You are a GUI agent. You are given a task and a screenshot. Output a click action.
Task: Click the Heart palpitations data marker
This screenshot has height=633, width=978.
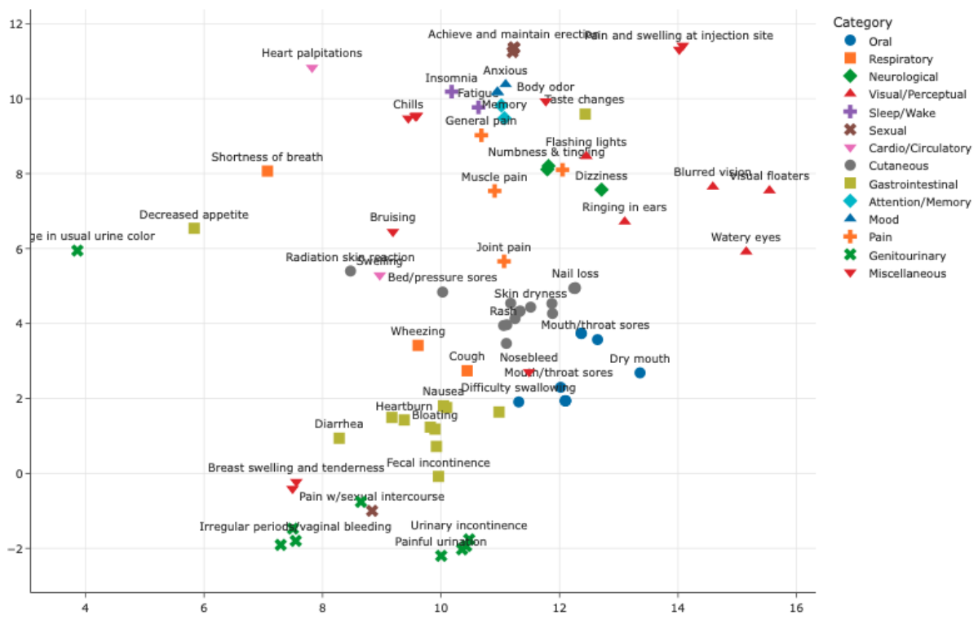pyautogui.click(x=312, y=69)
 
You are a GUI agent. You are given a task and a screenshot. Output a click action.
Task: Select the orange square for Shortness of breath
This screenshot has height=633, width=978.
pyautogui.click(x=267, y=171)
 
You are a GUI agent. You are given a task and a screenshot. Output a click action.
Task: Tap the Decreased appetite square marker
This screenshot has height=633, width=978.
pyautogui.click(x=194, y=228)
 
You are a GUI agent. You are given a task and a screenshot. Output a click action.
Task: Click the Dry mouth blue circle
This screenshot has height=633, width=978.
pyautogui.click(x=639, y=373)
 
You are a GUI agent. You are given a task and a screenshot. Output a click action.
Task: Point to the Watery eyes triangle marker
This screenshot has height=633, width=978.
pyautogui.click(x=746, y=251)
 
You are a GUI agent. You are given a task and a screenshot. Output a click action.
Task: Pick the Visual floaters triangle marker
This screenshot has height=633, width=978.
pyautogui.click(x=769, y=190)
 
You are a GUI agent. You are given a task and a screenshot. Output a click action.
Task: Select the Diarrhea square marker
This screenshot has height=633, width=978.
pyautogui.click(x=339, y=438)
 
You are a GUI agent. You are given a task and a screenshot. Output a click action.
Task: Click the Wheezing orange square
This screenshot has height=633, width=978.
pyautogui.click(x=418, y=346)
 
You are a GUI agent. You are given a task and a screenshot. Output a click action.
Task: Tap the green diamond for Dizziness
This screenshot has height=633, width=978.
pyautogui.click(x=602, y=190)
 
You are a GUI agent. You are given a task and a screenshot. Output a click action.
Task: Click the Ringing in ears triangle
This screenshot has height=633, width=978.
pyautogui.click(x=625, y=221)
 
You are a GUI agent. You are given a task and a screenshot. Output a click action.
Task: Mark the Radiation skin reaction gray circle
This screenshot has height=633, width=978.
pyautogui.click(x=351, y=271)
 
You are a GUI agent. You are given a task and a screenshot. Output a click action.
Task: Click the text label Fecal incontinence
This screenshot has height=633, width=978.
pyautogui.click(x=438, y=463)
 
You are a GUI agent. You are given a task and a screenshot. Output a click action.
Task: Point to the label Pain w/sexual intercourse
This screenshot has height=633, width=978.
pyautogui.click(x=371, y=496)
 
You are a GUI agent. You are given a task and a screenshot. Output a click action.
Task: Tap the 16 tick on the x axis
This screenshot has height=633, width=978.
pyautogui.click(x=796, y=608)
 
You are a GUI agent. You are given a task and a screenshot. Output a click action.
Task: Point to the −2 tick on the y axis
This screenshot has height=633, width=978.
pyautogui.click(x=14, y=548)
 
